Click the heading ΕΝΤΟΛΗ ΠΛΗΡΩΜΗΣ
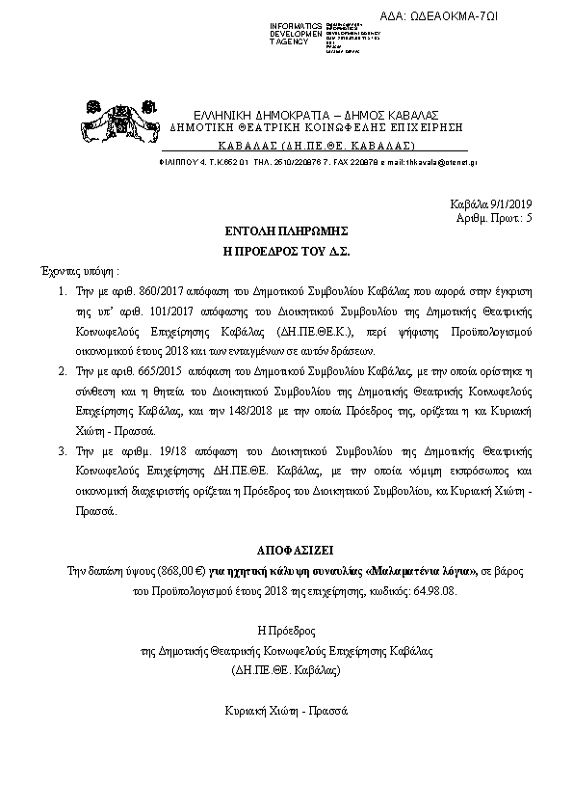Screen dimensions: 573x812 point(286,232)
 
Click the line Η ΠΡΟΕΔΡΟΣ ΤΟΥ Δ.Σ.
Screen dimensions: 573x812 point(286,251)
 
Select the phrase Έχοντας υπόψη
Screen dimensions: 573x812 point(74,271)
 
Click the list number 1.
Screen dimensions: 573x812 point(60,289)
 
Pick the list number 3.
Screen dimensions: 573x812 point(60,450)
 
